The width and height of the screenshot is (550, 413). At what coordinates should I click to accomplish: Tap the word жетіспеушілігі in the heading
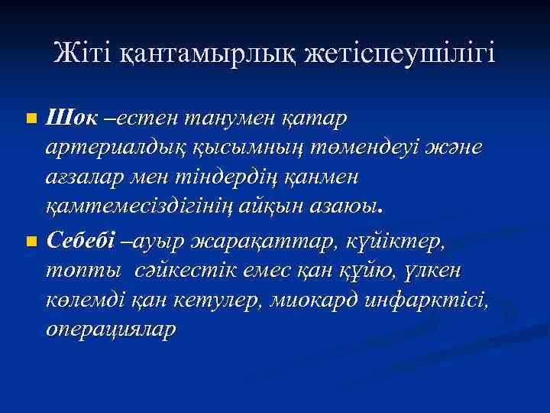[x=400, y=54]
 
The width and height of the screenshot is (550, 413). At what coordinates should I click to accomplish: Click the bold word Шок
[x=72, y=119]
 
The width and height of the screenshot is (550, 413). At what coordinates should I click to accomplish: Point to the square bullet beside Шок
[x=30, y=119]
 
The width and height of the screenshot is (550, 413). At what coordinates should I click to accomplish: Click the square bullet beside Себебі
[x=30, y=242]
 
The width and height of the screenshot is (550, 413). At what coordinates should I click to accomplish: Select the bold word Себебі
[x=82, y=242]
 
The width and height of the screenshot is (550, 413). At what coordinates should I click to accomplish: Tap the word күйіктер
[x=393, y=242]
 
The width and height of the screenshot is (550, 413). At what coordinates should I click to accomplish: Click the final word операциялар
[x=112, y=329]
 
